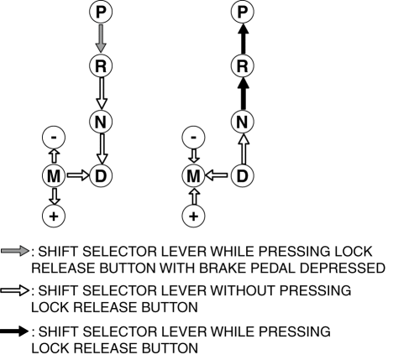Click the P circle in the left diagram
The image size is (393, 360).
click(x=101, y=12)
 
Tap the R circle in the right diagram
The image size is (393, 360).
click(x=243, y=65)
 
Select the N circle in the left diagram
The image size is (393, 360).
click(x=101, y=122)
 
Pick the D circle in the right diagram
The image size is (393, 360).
click(x=243, y=175)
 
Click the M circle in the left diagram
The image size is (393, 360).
click(x=54, y=175)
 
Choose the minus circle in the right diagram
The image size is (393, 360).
click(x=193, y=137)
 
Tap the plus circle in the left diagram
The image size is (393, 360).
click(x=54, y=216)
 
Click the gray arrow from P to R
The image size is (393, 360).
click(x=101, y=39)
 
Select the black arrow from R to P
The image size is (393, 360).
click(x=243, y=39)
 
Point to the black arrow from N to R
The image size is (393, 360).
click(x=243, y=93)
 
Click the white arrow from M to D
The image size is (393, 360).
click(x=78, y=175)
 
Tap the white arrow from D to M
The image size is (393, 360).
click(x=217, y=175)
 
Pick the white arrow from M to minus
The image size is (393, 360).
click(x=54, y=156)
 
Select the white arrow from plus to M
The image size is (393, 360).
click(x=194, y=196)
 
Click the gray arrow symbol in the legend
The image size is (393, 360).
click(x=15, y=251)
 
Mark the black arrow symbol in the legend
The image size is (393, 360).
click(x=14, y=331)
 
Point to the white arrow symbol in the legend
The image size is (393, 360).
click(x=15, y=290)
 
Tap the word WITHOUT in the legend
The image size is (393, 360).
click(x=244, y=290)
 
